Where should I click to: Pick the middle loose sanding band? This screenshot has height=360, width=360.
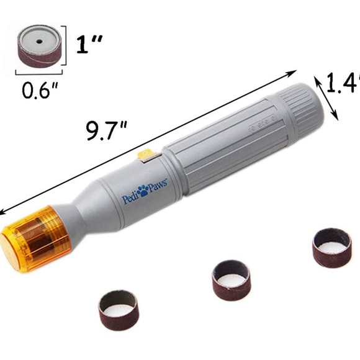[x=230, y=276]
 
